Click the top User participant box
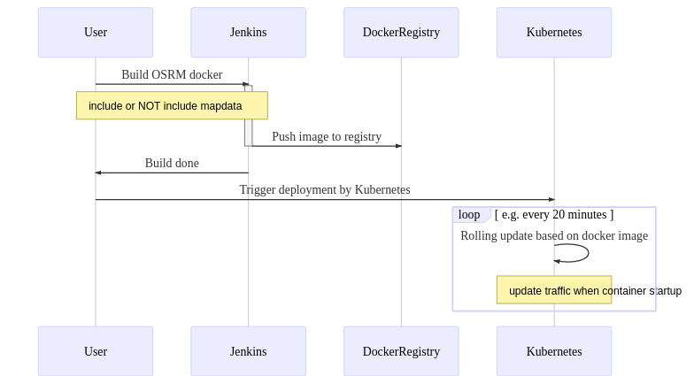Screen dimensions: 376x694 pyautogui.click(x=96, y=33)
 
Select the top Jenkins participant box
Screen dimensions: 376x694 pyautogui.click(x=248, y=33)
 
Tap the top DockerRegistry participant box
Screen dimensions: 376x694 pyautogui.click(x=401, y=33)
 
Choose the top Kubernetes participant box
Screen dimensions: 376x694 pyautogui.click(x=554, y=33)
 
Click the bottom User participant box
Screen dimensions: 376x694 pyautogui.click(x=96, y=351)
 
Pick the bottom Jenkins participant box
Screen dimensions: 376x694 pyautogui.click(x=248, y=351)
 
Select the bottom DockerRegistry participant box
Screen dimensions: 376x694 pyautogui.click(x=401, y=351)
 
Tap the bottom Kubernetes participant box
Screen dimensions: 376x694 pyautogui.click(x=554, y=351)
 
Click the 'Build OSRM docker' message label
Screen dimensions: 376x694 pyautogui.click(x=172, y=75)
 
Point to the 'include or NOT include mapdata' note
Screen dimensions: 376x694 pyautogui.click(x=172, y=105)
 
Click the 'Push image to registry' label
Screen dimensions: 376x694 pyautogui.click(x=327, y=137)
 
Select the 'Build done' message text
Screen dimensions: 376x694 pyautogui.click(x=172, y=164)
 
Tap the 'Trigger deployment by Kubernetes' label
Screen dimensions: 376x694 pyautogui.click(x=325, y=190)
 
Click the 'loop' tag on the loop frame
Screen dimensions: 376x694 pyautogui.click(x=469, y=215)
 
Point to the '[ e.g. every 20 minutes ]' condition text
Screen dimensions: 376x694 pyautogui.click(x=554, y=215)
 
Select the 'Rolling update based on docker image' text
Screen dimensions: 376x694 pyautogui.click(x=554, y=236)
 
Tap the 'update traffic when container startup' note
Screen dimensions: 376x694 pyautogui.click(x=554, y=290)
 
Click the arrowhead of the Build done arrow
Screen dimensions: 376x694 pyautogui.click(x=98, y=173)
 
